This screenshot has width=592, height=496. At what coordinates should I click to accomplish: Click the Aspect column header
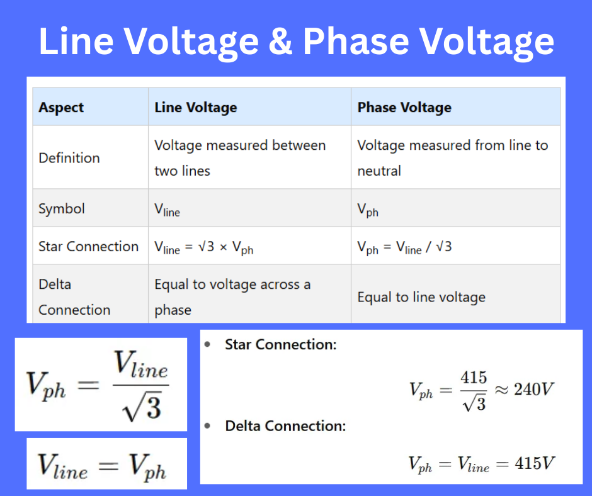click(61, 108)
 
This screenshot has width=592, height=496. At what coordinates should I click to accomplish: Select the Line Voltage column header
click(195, 108)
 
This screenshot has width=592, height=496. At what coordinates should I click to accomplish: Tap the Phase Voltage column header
click(404, 108)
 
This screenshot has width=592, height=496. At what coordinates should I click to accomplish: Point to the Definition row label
click(69, 158)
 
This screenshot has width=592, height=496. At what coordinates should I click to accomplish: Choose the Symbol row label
click(62, 209)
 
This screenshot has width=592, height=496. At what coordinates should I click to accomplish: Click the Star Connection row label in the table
click(88, 246)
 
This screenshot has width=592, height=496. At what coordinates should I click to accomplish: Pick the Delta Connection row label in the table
click(74, 296)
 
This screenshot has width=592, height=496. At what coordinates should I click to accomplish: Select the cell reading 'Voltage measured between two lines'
click(240, 158)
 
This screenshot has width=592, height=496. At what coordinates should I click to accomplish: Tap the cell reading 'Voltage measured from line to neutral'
click(452, 158)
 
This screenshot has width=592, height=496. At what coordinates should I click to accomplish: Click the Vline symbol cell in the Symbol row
click(167, 210)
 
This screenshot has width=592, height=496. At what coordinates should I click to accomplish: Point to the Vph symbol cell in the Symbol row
click(368, 210)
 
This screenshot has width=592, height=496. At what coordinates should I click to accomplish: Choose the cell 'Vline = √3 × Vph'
click(203, 247)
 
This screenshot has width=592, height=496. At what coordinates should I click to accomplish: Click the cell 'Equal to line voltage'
click(421, 297)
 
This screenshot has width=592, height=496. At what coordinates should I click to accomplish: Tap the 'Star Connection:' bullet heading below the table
click(280, 345)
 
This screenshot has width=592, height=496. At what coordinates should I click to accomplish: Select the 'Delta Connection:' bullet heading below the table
click(285, 426)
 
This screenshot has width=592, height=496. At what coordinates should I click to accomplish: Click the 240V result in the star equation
click(533, 390)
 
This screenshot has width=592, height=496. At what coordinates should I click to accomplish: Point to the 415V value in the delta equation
click(534, 465)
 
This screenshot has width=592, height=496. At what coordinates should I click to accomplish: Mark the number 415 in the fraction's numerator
click(474, 378)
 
